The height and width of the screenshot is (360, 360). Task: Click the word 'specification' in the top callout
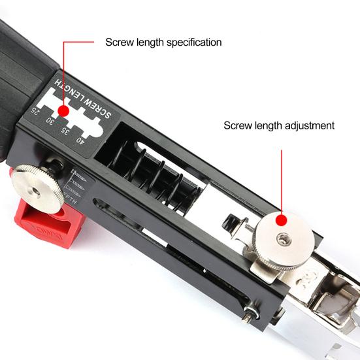[x=189, y=42]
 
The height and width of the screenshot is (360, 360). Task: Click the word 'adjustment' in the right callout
[x=308, y=125]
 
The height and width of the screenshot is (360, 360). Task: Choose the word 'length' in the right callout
[x=264, y=125]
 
